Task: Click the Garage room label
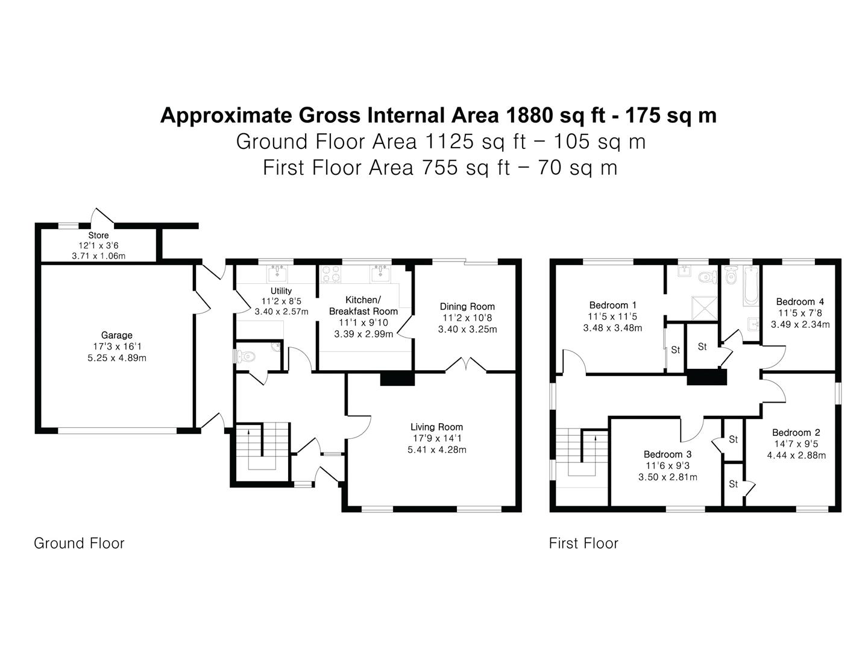coord(116,335)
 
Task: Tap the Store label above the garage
coord(98,235)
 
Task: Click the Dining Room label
coord(467,306)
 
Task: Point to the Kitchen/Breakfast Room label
coord(363,306)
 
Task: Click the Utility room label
coord(281,291)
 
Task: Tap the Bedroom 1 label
coord(612,305)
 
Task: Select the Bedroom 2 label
coord(796,432)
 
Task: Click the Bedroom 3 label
coord(667,454)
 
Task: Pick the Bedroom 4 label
coord(800,301)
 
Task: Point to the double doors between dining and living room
coord(465,365)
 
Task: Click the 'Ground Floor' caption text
coord(79,543)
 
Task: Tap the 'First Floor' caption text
coord(583,543)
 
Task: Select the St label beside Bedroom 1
coord(675,350)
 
